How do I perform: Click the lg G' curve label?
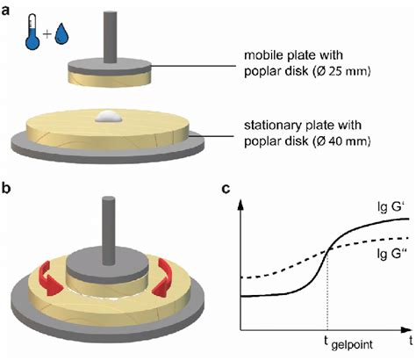tap(386, 208)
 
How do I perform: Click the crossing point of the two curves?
tap(326, 251)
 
